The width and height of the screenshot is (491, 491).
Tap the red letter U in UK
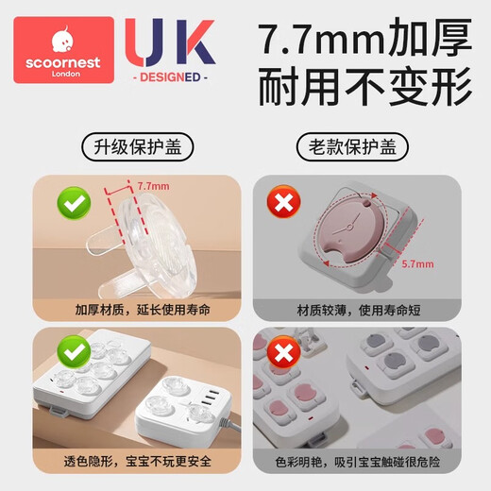click(150, 45)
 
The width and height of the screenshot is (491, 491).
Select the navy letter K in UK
click(195, 45)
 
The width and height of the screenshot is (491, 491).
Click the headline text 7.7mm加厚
click(364, 42)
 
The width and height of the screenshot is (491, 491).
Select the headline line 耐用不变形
click(364, 90)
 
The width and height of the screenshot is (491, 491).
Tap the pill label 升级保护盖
click(123, 148)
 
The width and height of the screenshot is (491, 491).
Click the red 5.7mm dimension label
click(417, 267)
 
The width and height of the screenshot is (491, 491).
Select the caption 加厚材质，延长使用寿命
click(123, 309)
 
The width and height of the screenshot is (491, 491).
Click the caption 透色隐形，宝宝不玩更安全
click(123, 463)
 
